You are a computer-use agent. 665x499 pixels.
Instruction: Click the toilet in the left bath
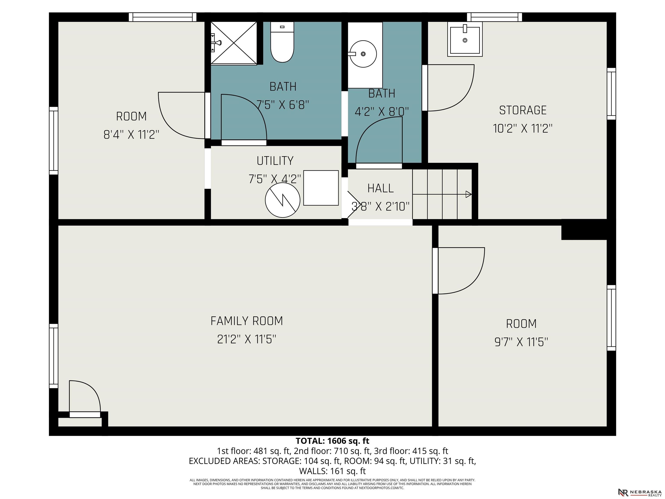(282, 42)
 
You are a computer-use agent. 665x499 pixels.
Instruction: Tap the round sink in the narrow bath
(363, 54)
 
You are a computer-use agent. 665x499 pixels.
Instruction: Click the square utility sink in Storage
(465, 39)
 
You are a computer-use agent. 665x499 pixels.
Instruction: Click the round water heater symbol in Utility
(282, 200)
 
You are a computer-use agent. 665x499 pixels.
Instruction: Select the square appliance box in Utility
(321, 188)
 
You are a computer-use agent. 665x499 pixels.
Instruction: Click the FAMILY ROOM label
(247, 321)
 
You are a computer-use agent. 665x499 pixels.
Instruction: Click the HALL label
(380, 188)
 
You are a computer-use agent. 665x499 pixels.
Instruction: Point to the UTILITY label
(275, 161)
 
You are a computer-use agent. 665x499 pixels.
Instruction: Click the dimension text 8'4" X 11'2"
(131, 134)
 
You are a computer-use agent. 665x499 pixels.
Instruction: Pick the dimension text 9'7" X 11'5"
(521, 342)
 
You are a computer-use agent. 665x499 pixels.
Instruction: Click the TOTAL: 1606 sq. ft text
(332, 441)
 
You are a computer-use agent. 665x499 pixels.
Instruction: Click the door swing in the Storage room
(451, 88)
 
